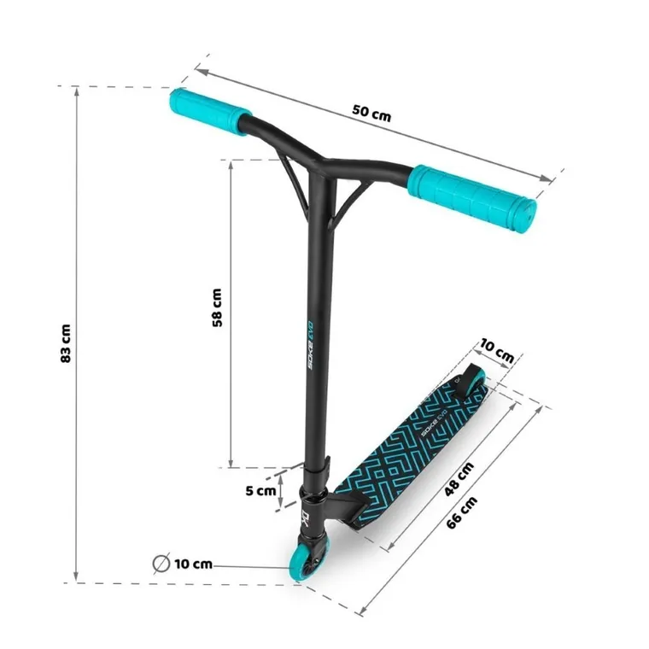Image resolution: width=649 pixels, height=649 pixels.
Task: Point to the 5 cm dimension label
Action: pyautogui.click(x=260, y=491)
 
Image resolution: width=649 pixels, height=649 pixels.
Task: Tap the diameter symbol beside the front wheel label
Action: pyautogui.click(x=160, y=564)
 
